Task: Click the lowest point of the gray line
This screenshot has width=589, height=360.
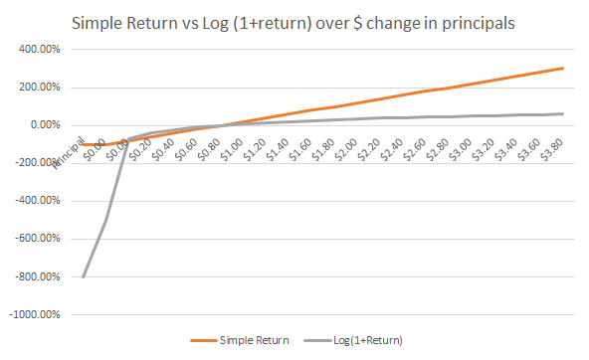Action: click(x=83, y=276)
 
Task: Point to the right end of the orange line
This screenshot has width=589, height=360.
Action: click(x=563, y=68)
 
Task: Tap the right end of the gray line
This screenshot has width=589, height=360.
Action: click(x=563, y=113)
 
